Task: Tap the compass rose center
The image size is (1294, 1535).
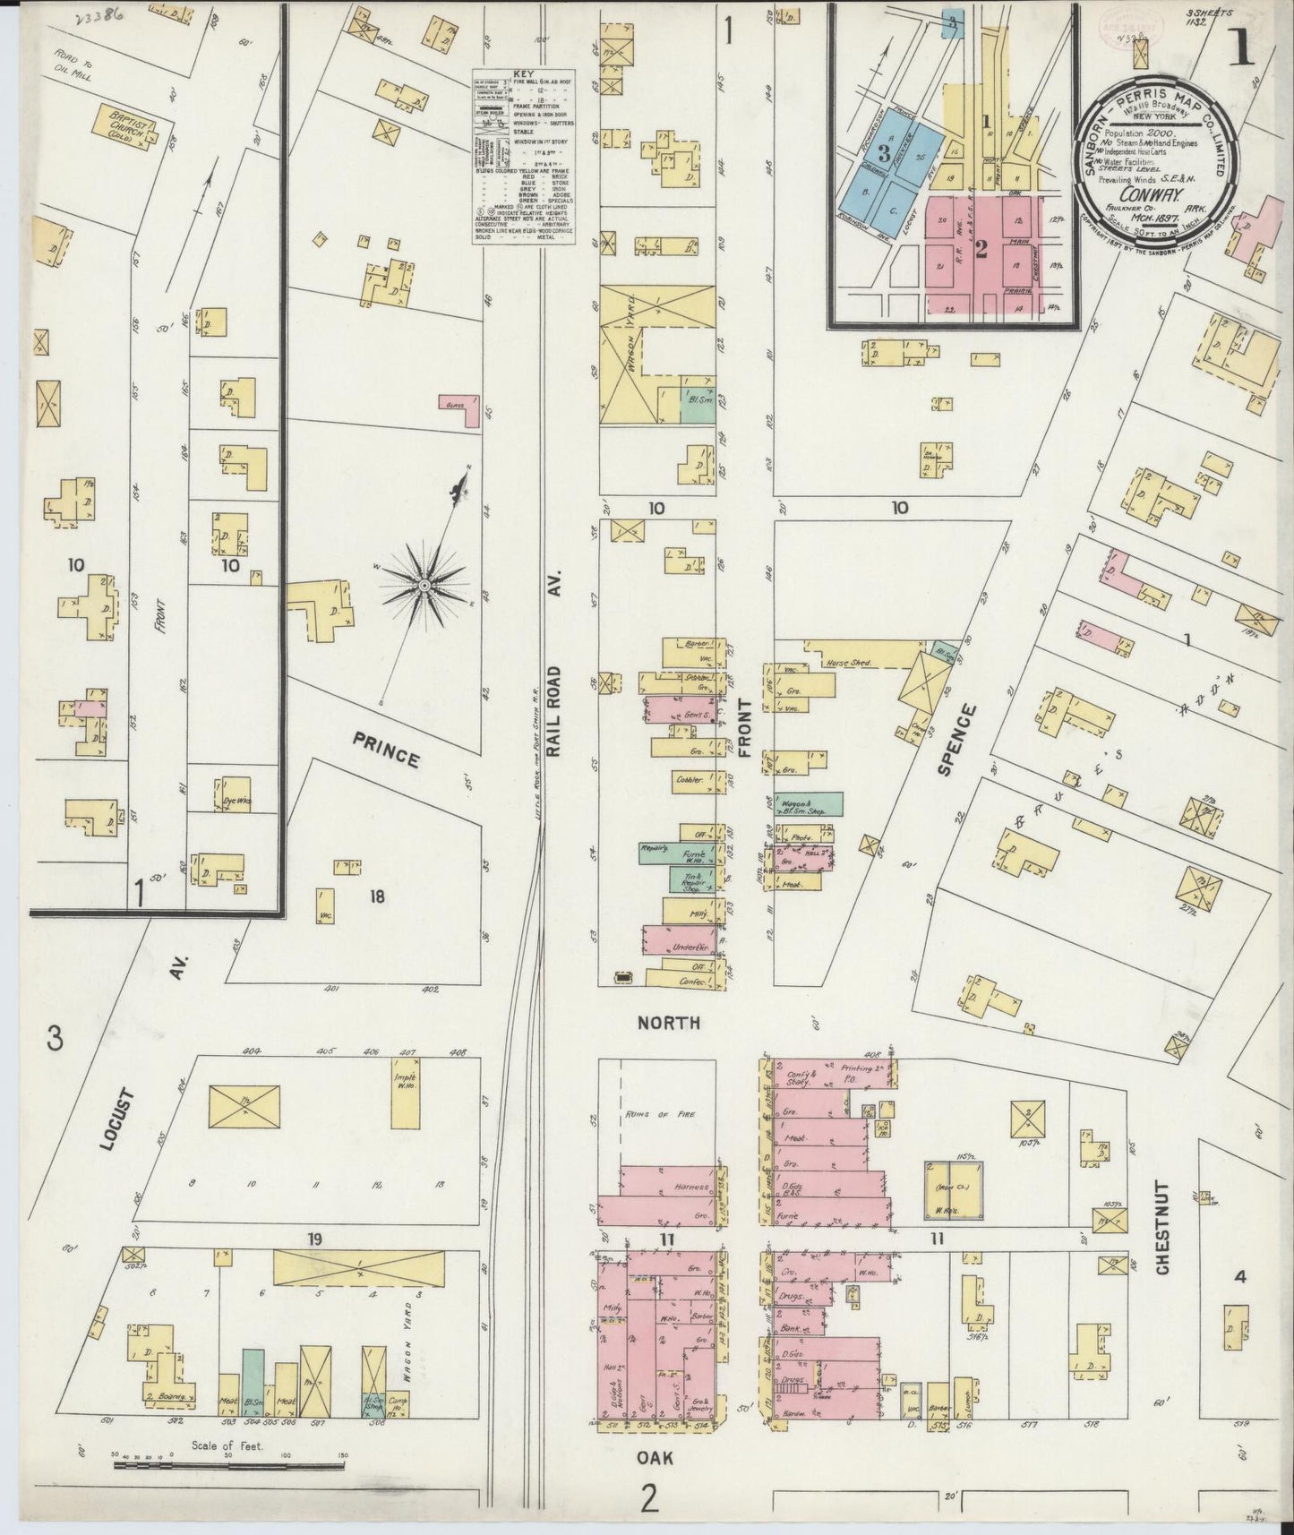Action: (x=424, y=585)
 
